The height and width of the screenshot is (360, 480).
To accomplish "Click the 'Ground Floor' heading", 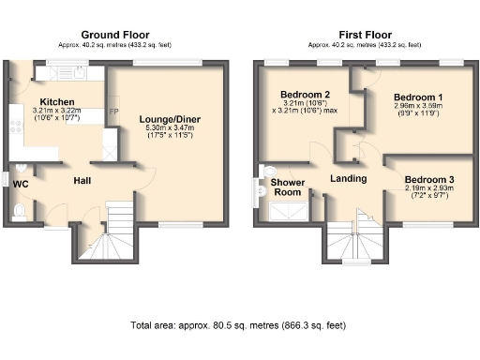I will click(117, 33).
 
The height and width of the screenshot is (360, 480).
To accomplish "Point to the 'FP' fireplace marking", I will click(113, 112).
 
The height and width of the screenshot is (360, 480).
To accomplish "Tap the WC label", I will click(20, 184).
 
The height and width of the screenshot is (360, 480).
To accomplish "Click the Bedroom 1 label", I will click(418, 97).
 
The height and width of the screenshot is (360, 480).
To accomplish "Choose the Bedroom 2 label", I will click(305, 95).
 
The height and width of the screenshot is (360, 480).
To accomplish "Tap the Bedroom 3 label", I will click(429, 179).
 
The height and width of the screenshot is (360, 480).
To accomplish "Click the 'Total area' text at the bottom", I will click(238, 325).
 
